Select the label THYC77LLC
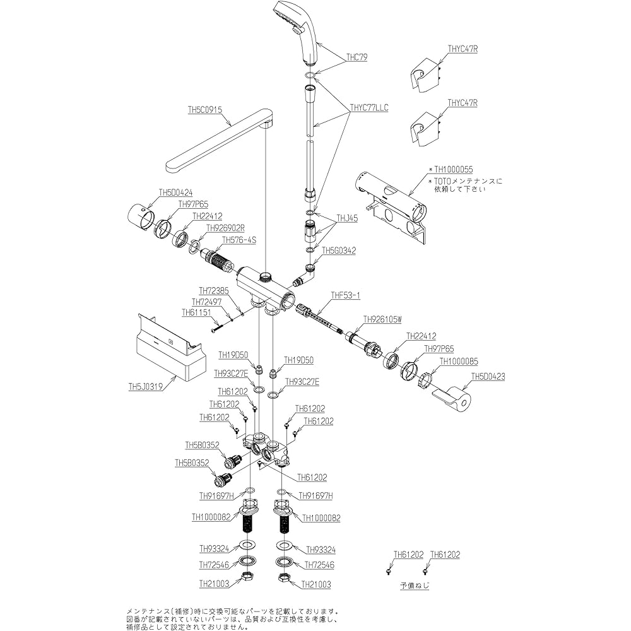click(x=369, y=108)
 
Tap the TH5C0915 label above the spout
click(x=205, y=109)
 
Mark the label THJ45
click(x=347, y=218)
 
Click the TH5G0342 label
click(x=339, y=251)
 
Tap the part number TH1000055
click(x=455, y=170)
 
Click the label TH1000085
click(x=459, y=362)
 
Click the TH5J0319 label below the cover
click(x=146, y=387)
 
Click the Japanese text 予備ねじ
click(x=414, y=586)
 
